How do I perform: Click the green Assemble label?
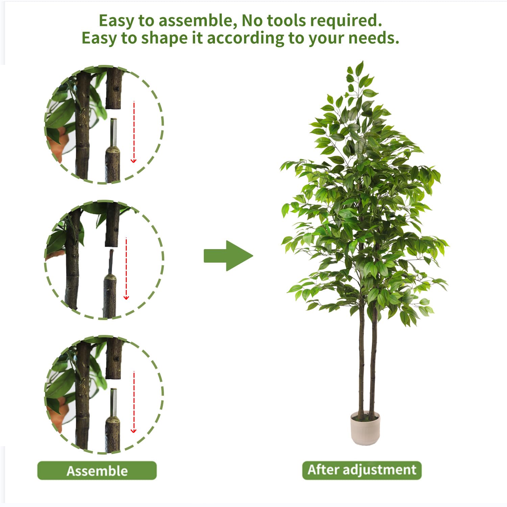point(97,470)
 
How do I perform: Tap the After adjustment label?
point(362,470)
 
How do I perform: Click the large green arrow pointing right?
point(228,256)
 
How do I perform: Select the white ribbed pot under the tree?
point(365,428)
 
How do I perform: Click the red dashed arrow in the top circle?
point(134,132)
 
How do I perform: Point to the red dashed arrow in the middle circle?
point(126,269)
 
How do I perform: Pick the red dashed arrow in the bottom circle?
point(134,402)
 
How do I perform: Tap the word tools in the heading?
point(287,21)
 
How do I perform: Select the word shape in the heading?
point(164,38)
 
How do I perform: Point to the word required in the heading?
point(346,21)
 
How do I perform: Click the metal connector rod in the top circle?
point(114,132)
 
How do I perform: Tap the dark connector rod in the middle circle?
point(111,262)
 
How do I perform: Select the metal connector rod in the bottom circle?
point(114,402)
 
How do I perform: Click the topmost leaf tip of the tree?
point(362,61)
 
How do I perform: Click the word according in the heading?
point(246,39)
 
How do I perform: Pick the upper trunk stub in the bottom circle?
point(114,358)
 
